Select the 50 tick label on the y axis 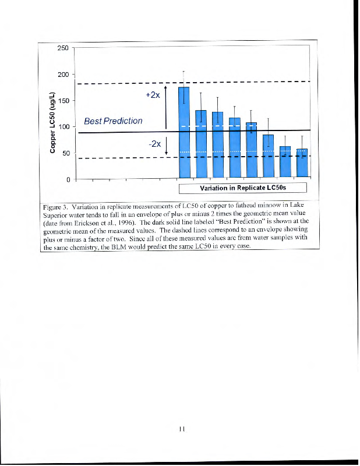(x=66, y=153)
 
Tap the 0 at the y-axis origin (x=69, y=179)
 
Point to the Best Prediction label (x=113, y=121)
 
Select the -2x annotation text (x=155, y=144)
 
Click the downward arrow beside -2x (x=167, y=146)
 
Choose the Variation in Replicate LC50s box (x=242, y=188)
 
